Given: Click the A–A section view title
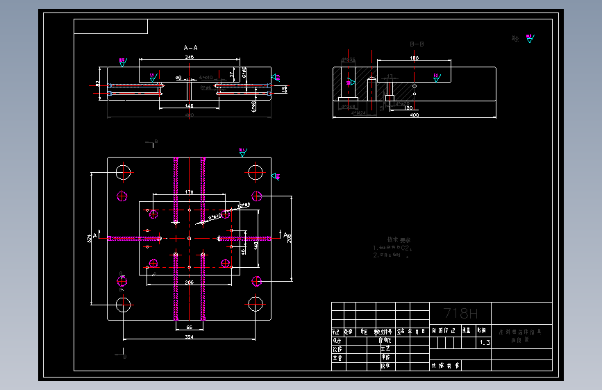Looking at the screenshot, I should (190, 48).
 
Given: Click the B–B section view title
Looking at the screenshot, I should (417, 44).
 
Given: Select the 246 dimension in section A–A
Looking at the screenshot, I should (190, 58).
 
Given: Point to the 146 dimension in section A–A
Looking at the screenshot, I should (189, 105).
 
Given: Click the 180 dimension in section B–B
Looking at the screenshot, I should (414, 58).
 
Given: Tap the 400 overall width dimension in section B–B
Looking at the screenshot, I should (414, 115).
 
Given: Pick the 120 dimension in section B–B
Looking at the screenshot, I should (408, 109).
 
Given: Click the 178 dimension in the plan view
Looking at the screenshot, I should (189, 192).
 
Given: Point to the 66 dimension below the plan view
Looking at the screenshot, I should (189, 326).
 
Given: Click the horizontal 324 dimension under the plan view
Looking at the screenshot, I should (189, 337).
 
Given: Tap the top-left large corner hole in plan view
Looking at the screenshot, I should (124, 171).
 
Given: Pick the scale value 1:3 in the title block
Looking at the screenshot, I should (484, 343).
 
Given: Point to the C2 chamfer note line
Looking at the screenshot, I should (394, 248).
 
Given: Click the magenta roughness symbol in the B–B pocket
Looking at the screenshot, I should (437, 76).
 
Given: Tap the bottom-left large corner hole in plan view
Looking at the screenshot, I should (124, 304).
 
